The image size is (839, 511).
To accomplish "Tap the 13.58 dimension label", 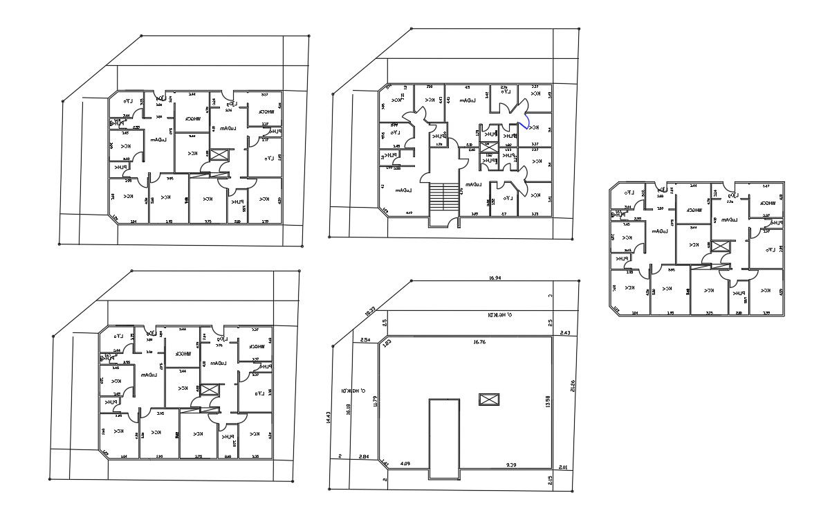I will tap(548, 401).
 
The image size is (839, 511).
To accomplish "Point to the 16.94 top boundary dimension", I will tap(494, 278).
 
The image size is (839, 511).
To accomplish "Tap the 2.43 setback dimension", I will tap(564, 333).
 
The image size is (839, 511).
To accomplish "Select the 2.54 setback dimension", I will tap(365, 339).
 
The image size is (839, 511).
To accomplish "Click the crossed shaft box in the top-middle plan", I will tap(488, 147).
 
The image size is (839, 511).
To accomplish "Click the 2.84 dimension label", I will tap(364, 456).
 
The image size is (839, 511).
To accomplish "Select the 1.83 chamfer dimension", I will tap(387, 343).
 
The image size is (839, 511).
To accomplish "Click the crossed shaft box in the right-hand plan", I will tap(720, 246).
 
